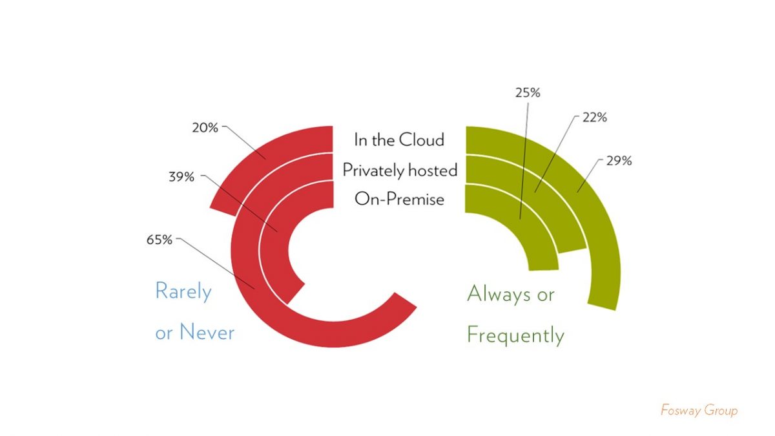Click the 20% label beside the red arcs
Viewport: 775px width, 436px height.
coord(205,128)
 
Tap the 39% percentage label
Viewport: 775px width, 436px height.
coord(181,177)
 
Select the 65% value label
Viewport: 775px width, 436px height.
coord(159,240)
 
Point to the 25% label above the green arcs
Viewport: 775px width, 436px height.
coord(528,93)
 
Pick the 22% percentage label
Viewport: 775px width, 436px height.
coord(594,118)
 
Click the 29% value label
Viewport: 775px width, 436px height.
coord(619,161)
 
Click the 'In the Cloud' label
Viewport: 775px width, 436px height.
coord(399,140)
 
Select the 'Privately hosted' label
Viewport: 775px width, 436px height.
coord(400,171)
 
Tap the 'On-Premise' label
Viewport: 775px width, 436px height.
coord(399,199)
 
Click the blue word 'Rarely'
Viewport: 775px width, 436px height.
coord(183,291)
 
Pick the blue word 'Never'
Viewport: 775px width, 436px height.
coord(207,332)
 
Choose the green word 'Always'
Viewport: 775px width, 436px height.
coord(499,294)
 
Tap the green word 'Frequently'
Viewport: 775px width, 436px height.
coord(515,335)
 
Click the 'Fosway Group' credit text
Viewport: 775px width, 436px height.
coord(699,410)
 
